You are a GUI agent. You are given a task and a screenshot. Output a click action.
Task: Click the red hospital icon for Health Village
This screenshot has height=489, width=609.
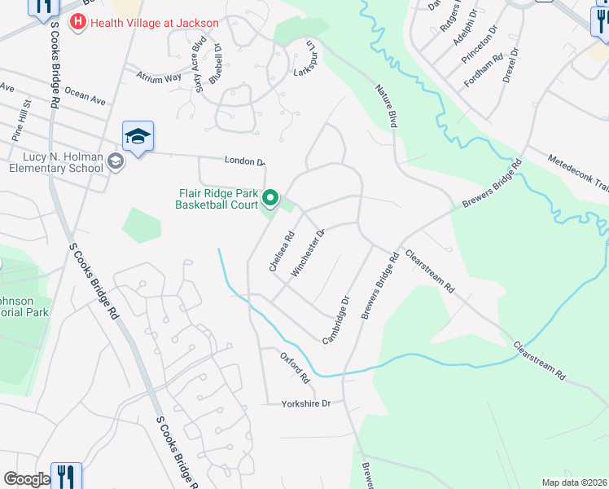coord(77,23)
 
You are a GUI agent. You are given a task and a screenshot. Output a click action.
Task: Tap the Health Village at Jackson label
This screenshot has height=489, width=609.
coord(154,23)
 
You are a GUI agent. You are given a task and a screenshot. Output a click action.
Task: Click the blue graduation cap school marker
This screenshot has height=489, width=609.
coord(138,136)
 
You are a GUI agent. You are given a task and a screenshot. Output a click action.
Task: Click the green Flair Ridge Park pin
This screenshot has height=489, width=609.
coord(270,198)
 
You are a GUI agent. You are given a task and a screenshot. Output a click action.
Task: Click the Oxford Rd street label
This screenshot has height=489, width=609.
coord(295,368)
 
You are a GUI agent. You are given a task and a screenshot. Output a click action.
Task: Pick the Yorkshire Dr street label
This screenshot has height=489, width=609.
coord(306,403)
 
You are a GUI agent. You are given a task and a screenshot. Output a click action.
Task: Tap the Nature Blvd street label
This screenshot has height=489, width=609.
coord(387,106)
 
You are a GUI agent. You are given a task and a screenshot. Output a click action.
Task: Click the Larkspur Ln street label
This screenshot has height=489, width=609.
coord(304,62)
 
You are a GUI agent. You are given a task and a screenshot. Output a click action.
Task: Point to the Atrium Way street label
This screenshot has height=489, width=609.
coord(159,78)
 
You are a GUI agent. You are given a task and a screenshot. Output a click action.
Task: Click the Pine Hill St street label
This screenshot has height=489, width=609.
coord(21,118)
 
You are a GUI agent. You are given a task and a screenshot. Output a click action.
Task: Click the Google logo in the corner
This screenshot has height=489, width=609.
coord(27,479)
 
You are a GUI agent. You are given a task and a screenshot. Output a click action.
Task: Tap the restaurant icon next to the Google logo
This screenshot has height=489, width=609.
coord(66,475)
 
